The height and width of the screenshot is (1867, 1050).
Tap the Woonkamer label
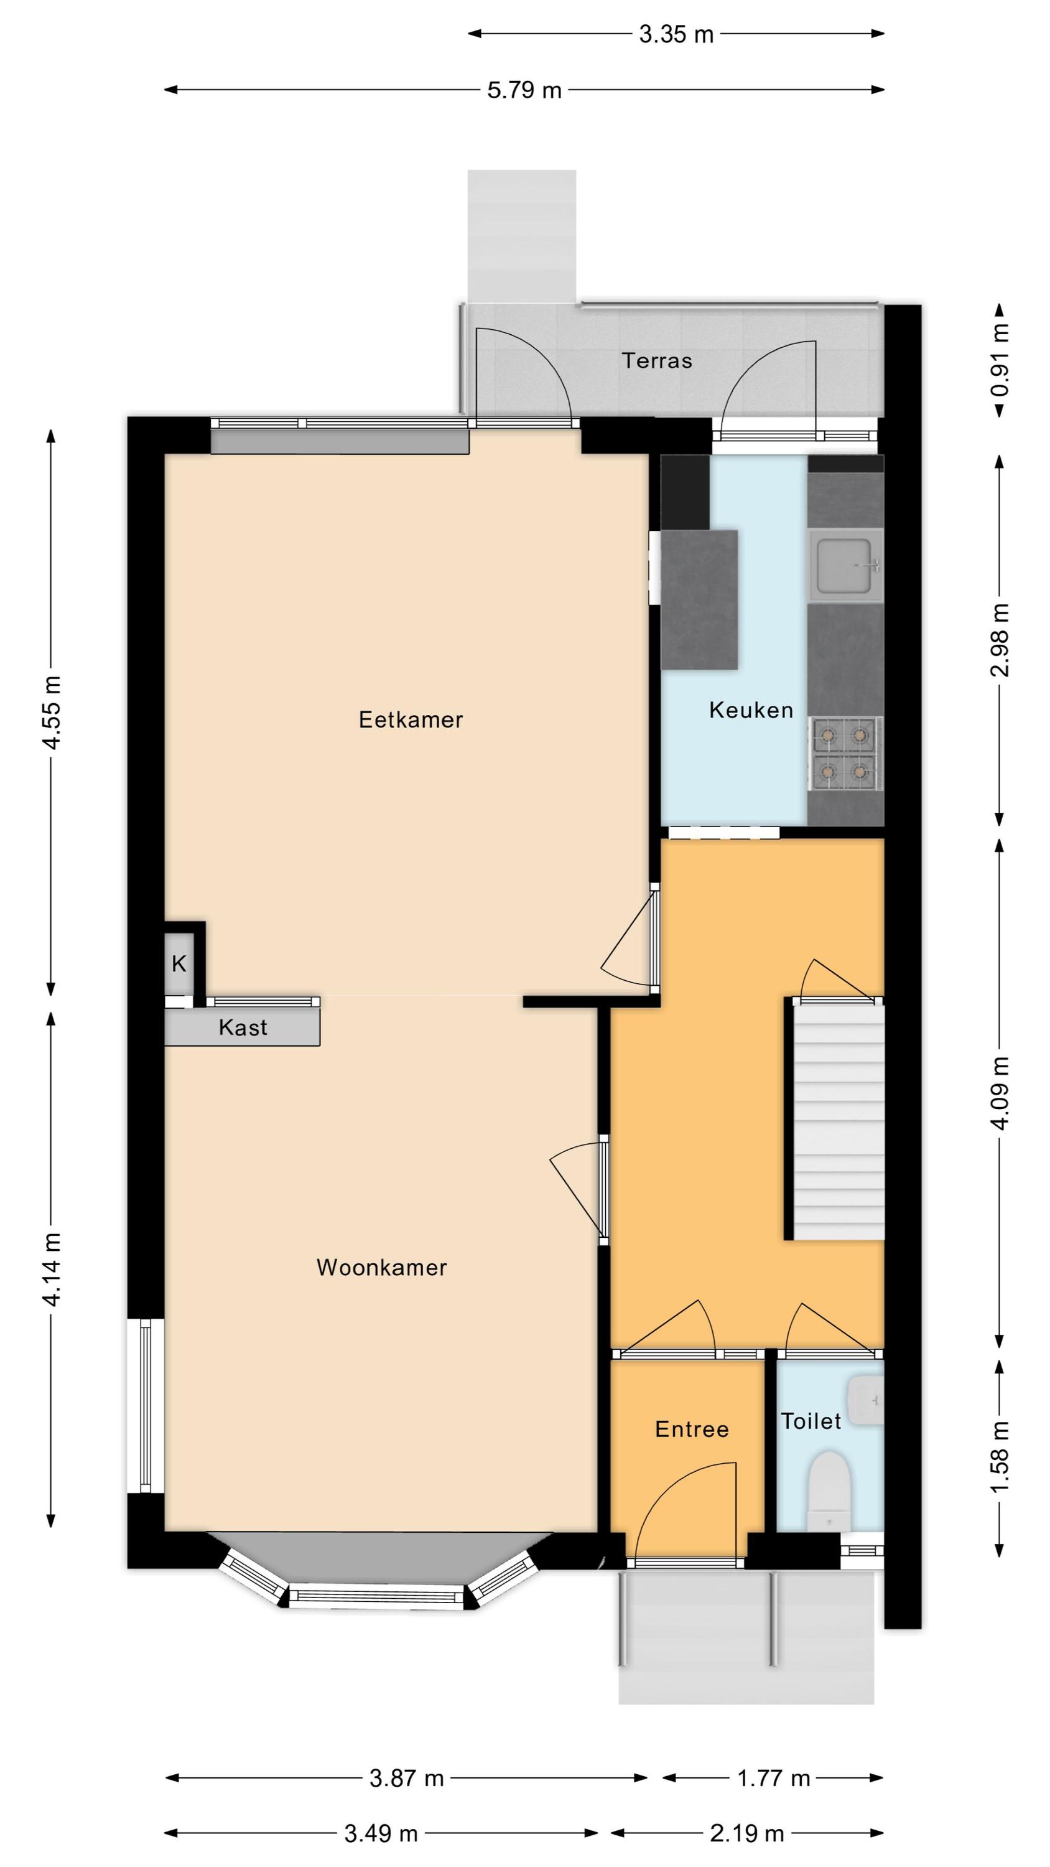pos(381,1268)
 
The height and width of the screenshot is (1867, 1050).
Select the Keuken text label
pos(751,710)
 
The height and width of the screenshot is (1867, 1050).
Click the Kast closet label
pos(243,1027)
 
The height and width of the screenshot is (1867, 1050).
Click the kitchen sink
pos(847,565)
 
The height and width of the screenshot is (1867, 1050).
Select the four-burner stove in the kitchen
pos(845,753)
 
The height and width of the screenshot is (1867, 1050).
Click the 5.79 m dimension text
pos(524,90)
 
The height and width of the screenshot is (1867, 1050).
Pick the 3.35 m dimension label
pos(676,34)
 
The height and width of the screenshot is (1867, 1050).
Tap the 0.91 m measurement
pos(1000,360)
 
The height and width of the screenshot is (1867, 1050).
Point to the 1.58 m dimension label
pos(1000,1457)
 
